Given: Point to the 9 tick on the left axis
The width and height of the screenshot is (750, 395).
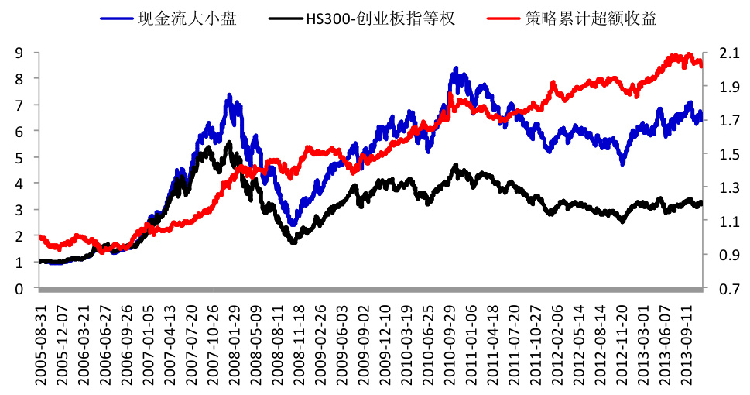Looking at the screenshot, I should point(18,53).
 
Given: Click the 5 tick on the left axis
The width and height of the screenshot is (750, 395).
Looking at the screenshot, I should point(18,157).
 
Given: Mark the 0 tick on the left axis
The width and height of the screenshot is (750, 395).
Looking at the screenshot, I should point(18,288).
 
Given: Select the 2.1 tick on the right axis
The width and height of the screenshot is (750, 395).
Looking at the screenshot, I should point(727,53).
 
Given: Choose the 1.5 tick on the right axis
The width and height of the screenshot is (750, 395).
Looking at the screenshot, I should point(727,153).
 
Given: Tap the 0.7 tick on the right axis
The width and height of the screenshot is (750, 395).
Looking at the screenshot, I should point(727,288).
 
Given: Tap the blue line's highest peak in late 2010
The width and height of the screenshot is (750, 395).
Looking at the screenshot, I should point(456,69).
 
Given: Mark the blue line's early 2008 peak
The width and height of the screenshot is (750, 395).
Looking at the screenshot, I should point(229,95).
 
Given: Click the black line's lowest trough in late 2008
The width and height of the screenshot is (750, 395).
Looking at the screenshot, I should point(293,242).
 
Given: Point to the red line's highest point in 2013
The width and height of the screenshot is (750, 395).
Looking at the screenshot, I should point(690,54).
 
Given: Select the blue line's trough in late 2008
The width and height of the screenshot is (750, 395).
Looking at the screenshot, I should point(292,224).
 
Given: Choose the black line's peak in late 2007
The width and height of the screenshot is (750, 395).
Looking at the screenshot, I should point(229,143).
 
